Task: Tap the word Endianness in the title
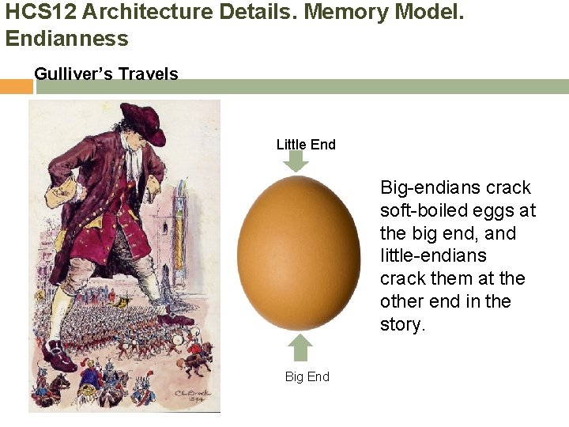click(66, 38)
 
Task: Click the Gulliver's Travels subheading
click(106, 74)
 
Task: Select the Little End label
click(306, 145)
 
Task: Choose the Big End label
click(307, 376)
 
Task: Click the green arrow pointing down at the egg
click(296, 161)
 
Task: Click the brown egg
click(299, 253)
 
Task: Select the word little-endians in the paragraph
click(433, 256)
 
